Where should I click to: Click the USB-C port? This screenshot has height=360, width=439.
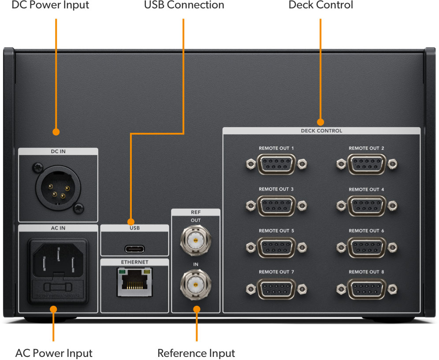coord(134,248)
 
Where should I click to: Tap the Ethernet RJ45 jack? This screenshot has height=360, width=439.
coord(134,283)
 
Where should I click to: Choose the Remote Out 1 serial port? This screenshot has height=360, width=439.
coord(276,165)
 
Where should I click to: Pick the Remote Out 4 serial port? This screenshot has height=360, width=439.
coord(366,206)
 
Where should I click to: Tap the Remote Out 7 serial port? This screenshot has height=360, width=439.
coord(276,289)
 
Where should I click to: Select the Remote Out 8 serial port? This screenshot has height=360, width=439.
coord(366,289)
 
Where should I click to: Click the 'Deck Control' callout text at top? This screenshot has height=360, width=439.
coord(320,6)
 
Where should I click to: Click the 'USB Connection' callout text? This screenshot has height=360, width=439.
coord(184,6)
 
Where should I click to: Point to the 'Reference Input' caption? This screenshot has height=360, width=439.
coord(196,353)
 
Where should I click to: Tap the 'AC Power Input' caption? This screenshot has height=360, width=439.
coord(54,353)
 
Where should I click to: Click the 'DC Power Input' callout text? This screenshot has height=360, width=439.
coord(50,6)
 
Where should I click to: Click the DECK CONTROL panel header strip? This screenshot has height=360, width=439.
coord(321,131)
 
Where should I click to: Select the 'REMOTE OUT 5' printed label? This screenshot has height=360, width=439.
coord(276,231)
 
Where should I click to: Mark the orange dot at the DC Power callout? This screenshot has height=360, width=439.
coord(56,131)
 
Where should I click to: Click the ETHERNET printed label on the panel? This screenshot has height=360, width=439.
coord(134,262)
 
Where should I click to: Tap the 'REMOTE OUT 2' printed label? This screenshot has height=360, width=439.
coord(366,148)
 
